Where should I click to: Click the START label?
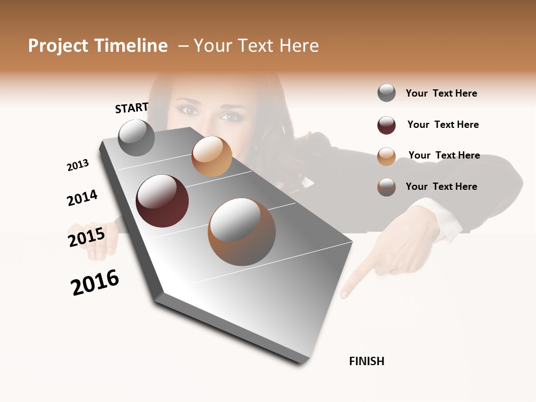click(x=132, y=108)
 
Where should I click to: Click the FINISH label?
click(x=366, y=361)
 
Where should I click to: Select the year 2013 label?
click(x=78, y=165)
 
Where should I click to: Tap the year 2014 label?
click(x=82, y=198)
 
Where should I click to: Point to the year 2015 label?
click(x=87, y=237)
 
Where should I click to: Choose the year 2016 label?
click(x=95, y=283)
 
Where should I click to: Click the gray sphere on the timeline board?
click(x=137, y=138)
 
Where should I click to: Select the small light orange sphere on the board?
click(x=212, y=156)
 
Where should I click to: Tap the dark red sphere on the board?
click(x=162, y=201)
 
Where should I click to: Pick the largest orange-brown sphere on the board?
click(x=242, y=232)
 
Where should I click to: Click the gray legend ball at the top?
click(x=386, y=93)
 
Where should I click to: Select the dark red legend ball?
click(x=386, y=125)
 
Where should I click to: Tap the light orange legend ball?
click(x=386, y=156)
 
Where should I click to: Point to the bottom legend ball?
click(x=386, y=187)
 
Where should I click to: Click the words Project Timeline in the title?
click(x=98, y=46)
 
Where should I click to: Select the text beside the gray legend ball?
click(x=441, y=93)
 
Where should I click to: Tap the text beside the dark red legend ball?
click(x=443, y=125)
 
